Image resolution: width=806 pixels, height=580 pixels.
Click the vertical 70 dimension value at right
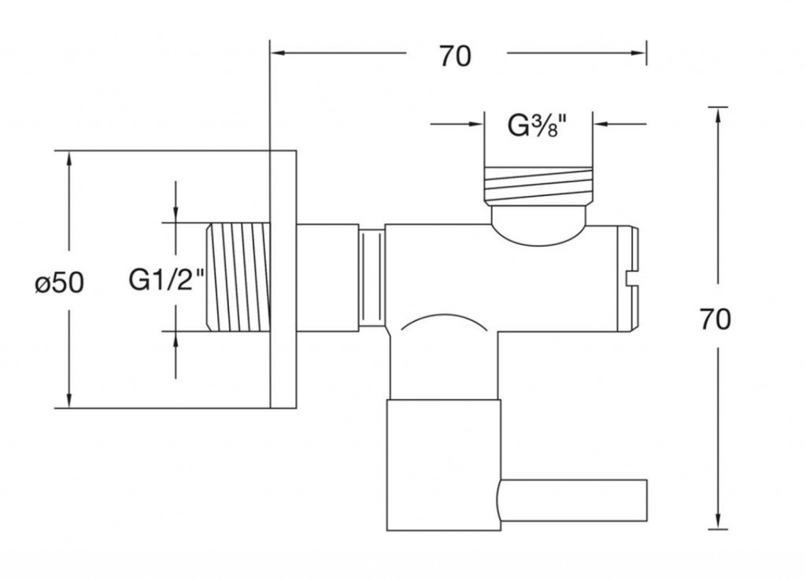click(715, 320)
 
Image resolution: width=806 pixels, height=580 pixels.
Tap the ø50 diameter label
click(60, 283)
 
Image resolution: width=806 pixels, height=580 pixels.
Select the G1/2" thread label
click(167, 280)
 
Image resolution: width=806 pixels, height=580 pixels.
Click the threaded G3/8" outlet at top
click(538, 185)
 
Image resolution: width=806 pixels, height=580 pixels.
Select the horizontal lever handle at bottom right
click(573, 501)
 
